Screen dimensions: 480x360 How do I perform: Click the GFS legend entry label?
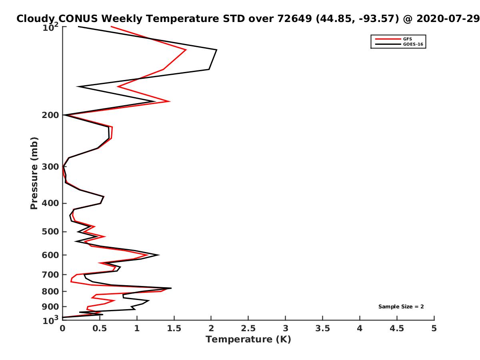[407, 39]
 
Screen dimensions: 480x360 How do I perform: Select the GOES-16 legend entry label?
[413, 44]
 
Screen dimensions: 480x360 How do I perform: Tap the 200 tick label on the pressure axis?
[50, 115]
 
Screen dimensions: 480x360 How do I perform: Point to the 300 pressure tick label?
[50, 167]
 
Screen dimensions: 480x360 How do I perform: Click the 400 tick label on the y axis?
[50, 203]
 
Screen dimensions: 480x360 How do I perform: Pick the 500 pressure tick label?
[50, 232]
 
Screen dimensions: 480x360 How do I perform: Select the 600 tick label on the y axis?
[50, 255]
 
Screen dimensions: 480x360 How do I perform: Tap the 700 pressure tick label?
[50, 274]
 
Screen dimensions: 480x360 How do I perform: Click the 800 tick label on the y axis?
[50, 291]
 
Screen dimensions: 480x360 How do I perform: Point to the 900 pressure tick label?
[50, 307]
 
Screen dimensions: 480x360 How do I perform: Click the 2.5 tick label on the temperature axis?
[248, 328]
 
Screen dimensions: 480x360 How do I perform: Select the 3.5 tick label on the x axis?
[322, 328]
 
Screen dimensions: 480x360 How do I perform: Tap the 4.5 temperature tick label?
[397, 328]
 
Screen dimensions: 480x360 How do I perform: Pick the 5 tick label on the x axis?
[434, 328]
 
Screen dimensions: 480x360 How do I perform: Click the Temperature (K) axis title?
[248, 340]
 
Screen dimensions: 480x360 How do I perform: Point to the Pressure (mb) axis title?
[34, 173]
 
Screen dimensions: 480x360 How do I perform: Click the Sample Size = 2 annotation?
[401, 307]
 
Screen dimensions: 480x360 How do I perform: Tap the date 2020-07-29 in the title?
[448, 18]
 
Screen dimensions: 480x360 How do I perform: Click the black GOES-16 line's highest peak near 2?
[216, 50]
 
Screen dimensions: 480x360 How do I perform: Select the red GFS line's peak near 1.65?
[186, 50]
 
